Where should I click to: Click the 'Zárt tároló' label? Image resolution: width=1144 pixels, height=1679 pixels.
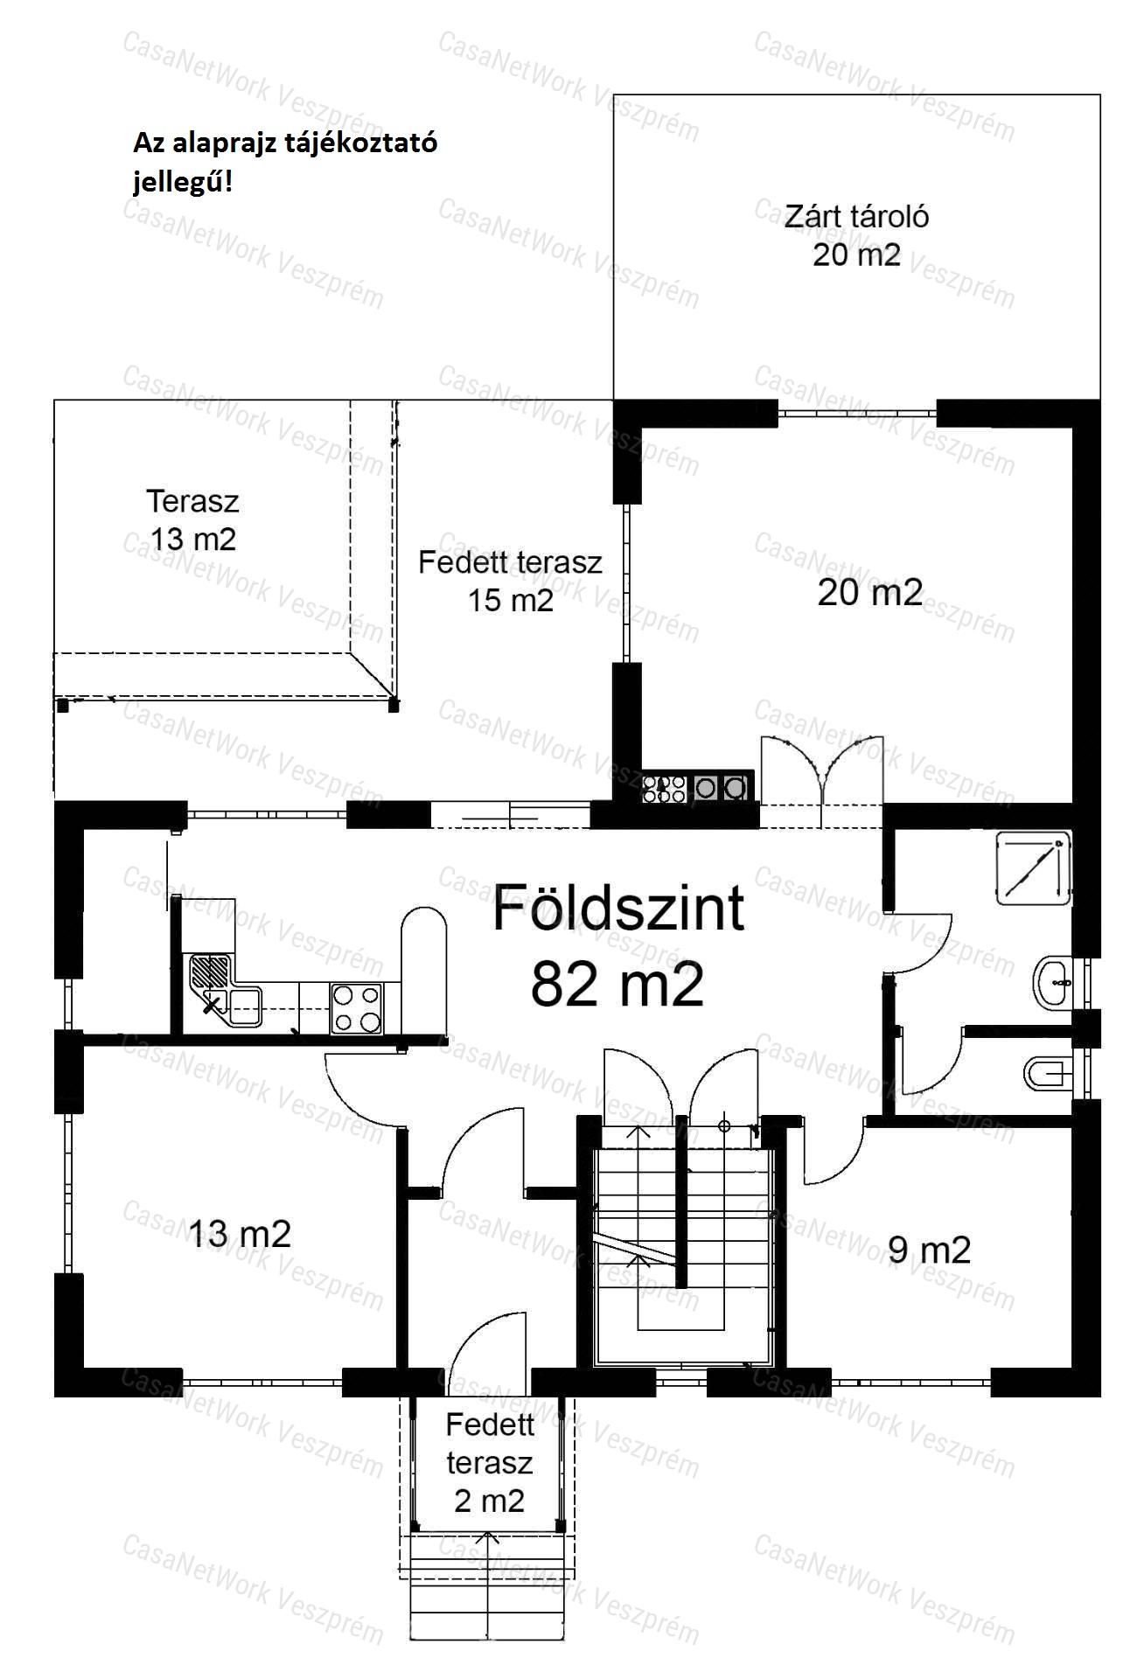coord(856,216)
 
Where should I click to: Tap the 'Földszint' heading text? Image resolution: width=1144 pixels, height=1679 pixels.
coord(618,909)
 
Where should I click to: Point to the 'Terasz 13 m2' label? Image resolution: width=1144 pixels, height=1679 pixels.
coord(192,520)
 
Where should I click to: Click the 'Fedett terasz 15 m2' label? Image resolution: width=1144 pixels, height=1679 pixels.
coord(510,581)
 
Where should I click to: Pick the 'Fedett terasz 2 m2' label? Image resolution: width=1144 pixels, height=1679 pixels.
coord(490,1462)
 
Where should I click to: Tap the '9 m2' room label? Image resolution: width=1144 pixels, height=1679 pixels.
coord(929,1250)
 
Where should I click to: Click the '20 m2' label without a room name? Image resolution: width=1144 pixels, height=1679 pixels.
coord(870,593)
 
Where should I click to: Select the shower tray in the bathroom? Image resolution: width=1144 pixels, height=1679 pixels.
coord(1034,867)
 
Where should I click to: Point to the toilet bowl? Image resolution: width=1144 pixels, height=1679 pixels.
coord(1047,1072)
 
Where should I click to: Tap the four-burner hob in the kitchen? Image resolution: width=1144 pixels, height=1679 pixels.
coord(357,1008)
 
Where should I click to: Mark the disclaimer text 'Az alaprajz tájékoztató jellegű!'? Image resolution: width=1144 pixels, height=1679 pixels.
coord(285,163)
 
